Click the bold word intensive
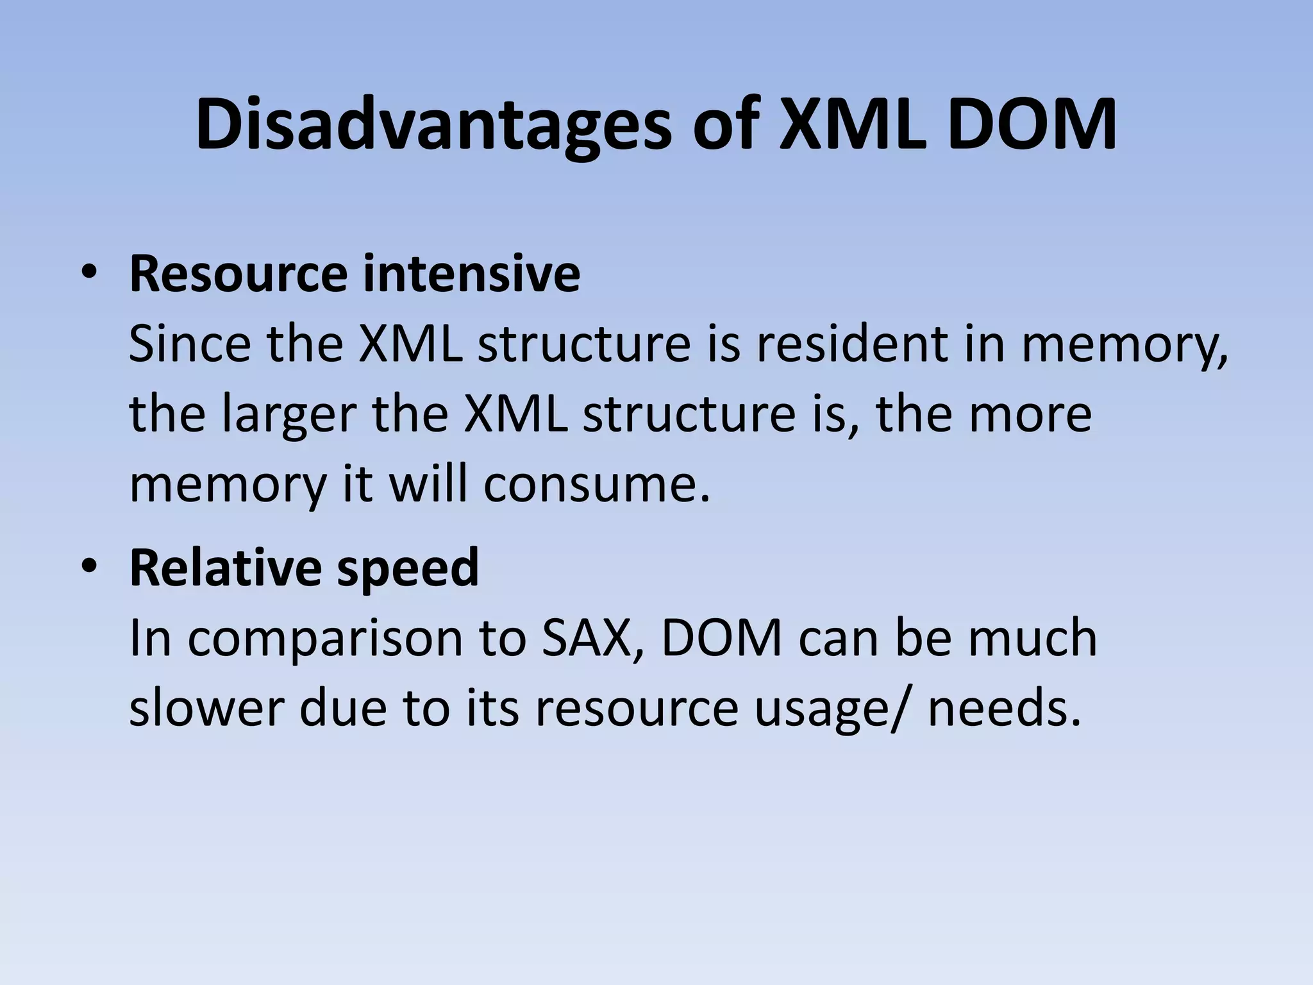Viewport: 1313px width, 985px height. [x=471, y=274]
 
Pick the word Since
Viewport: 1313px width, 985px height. [x=190, y=344]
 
